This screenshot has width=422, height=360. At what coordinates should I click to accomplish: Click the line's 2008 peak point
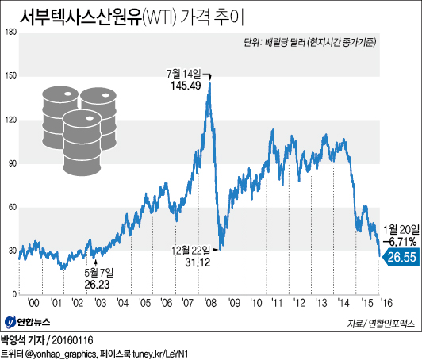click(x=209, y=75)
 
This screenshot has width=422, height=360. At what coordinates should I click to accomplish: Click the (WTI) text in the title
click(x=164, y=17)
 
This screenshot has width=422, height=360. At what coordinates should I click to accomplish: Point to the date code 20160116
click(x=76, y=338)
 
